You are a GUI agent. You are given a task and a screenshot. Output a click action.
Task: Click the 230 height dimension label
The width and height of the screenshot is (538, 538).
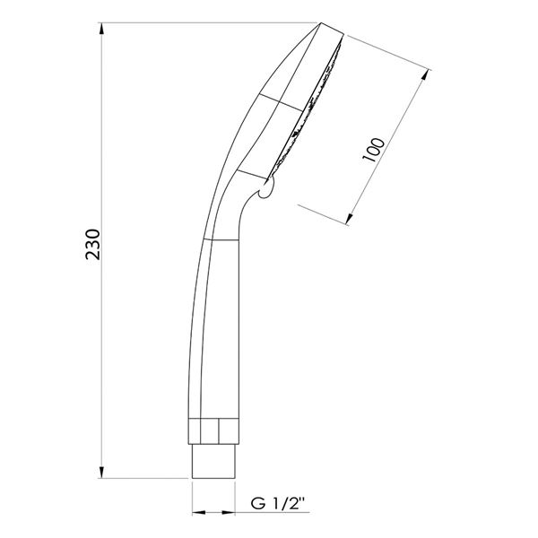[93, 244]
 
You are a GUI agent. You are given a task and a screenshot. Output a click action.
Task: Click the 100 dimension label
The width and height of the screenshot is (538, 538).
[374, 151]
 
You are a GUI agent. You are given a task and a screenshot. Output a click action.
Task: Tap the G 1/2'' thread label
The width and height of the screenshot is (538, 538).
[278, 504]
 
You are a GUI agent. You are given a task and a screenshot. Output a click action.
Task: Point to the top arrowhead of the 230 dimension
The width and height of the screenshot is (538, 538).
[101, 29]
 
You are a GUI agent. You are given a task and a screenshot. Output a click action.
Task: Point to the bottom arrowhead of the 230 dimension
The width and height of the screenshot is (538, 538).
[101, 473]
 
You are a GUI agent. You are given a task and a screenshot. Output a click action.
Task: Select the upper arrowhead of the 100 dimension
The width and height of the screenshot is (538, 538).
[425, 74]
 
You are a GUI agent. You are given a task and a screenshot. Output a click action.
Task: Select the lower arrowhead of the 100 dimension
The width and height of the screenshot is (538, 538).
[350, 219]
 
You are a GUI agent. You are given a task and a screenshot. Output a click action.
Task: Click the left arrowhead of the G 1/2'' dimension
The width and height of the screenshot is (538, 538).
[198, 513]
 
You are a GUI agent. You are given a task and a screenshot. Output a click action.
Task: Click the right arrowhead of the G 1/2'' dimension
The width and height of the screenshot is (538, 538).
[229, 513]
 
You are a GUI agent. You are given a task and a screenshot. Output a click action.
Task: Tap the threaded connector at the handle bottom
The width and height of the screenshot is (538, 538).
[213, 461]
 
